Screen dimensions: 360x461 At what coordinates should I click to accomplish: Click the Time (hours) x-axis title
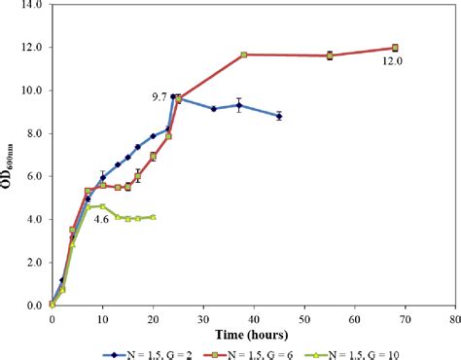coord(254,334)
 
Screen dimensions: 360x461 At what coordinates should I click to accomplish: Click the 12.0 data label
coord(392,61)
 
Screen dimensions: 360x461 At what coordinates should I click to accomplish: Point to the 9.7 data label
coord(159,96)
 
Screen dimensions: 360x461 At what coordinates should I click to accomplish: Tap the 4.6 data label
coord(101,220)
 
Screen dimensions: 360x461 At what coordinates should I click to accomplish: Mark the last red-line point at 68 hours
coord(395,48)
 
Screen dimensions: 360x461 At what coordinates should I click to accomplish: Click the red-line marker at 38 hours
coord(243,54)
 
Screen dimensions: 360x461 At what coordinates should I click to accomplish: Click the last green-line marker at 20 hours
coord(153,217)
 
